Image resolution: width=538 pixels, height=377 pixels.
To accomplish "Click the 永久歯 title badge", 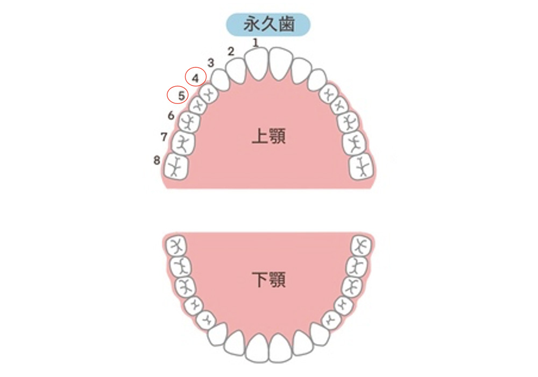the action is pos(268,24).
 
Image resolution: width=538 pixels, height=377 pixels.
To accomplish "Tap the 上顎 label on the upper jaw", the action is pos(268,136).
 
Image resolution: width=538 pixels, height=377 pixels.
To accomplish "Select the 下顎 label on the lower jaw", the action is pos(268,280).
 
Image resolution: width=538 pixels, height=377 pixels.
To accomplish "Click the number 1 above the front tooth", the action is pos(255,43).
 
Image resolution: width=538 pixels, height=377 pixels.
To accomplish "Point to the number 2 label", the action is pos(231,52).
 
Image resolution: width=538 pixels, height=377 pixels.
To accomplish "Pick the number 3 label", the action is pos(211,63).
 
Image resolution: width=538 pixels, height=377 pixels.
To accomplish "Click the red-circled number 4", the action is pos(196,78).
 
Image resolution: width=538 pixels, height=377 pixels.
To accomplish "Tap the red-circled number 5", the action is pos(181,95).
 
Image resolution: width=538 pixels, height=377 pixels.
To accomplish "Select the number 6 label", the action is pos(171,115).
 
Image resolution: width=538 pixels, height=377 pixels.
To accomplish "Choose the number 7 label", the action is pos(164,137).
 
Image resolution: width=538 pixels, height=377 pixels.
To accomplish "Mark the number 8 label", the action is pos(157,160).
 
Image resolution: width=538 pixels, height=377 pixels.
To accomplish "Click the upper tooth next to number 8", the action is pos(176,166).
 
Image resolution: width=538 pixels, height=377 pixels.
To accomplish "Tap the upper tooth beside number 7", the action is pos(183,143).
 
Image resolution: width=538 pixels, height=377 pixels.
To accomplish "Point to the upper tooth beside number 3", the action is pos(220,80).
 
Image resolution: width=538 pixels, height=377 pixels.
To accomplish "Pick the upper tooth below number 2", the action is pos(236,71).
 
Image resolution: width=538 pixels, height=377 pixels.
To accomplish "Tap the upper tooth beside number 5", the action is pos(198,105).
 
